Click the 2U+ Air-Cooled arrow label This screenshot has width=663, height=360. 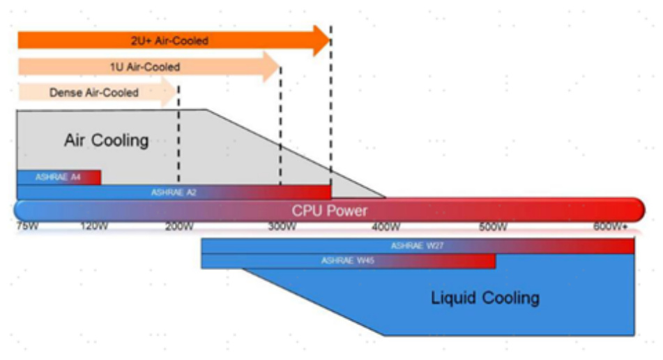point(169,40)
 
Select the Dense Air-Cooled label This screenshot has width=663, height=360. point(94,92)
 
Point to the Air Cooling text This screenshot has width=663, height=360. point(107,140)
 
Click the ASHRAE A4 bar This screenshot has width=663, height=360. point(59,177)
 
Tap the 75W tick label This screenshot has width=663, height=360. point(28,226)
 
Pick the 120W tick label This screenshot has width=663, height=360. point(94,226)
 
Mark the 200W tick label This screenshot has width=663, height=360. point(179,226)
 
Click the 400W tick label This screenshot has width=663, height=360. point(386,226)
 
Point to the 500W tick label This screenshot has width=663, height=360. point(494,226)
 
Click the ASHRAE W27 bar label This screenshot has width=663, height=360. point(418,246)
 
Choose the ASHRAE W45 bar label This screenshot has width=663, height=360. point(348,261)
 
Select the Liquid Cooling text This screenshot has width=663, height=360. point(485,298)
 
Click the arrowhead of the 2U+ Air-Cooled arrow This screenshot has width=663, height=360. point(321,40)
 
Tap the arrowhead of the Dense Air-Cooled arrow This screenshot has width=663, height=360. point(170,92)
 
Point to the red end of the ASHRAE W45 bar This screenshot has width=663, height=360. point(485,261)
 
